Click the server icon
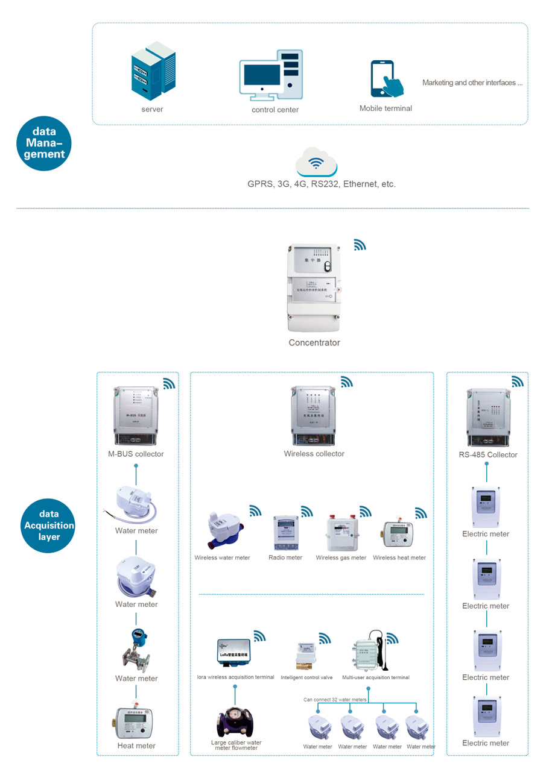click(x=153, y=71)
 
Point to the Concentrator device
click(x=313, y=287)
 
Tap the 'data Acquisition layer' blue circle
click(x=49, y=526)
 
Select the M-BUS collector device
click(x=136, y=415)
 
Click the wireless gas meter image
click(x=341, y=532)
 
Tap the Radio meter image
click(x=286, y=533)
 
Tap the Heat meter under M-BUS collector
click(x=136, y=721)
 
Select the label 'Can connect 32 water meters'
click(x=335, y=700)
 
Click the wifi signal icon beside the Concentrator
click(x=360, y=245)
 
